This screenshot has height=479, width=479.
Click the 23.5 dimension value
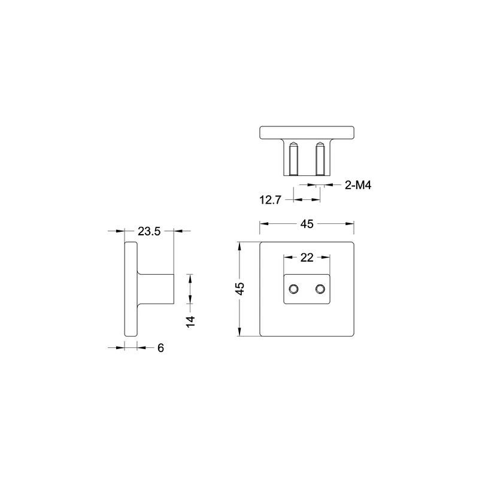pos(149,231)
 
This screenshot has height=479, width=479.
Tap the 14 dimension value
pos(190,322)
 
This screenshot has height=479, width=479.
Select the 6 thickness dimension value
pos(160,348)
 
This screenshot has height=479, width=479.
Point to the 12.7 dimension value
pos(270,200)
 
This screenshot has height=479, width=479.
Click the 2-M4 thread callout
pos(357,185)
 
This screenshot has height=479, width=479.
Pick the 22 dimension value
pos(307,257)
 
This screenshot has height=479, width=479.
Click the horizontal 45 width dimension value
pos(307,224)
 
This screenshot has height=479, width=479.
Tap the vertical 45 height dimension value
pos(241,289)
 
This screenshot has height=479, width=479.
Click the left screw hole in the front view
pos(293,289)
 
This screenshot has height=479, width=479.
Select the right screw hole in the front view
pos(320,289)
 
